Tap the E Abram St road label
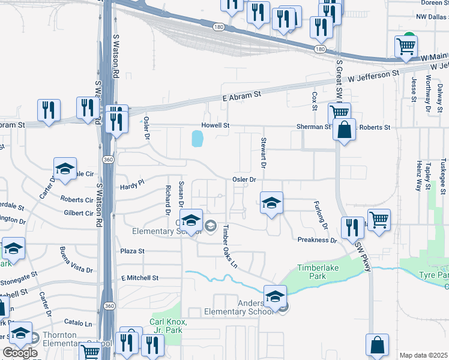(242, 95)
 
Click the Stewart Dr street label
(263, 152)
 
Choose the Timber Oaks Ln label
(231, 247)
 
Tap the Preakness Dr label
(318, 239)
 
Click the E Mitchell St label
(139, 278)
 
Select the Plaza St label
(133, 251)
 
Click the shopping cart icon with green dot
(406, 47)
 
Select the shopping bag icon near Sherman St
(345, 130)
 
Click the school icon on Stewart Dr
(271, 203)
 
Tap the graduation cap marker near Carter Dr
(65, 169)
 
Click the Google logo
(19, 353)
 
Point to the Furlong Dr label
(321, 215)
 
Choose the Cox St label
(314, 101)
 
